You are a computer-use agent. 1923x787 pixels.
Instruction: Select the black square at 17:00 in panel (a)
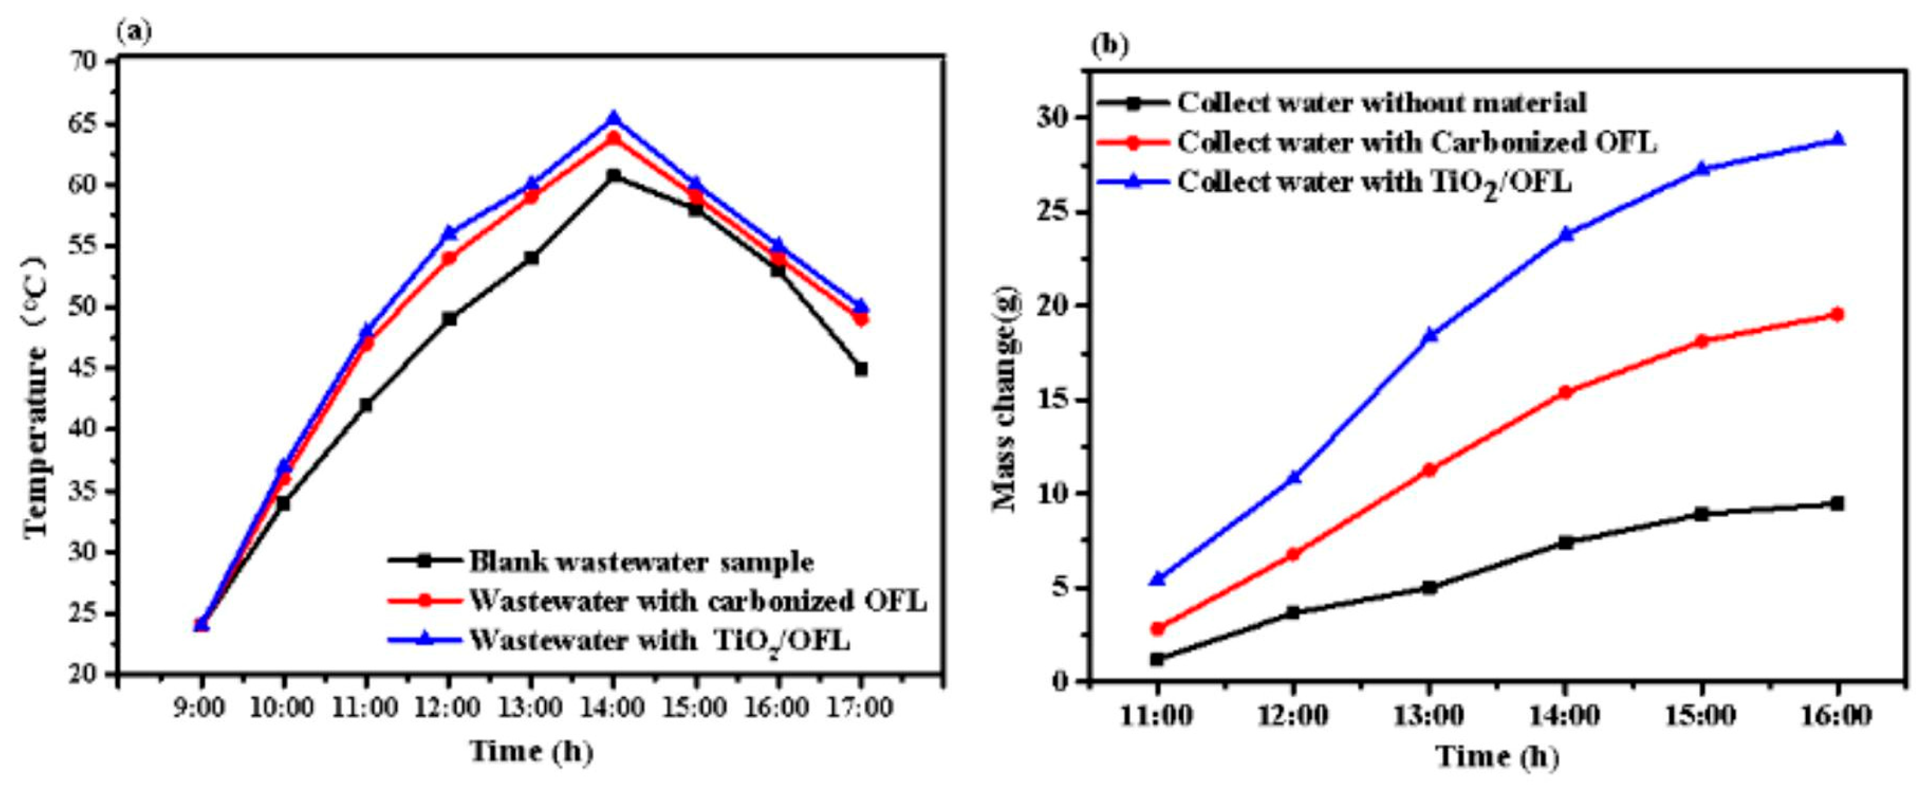pos(860,369)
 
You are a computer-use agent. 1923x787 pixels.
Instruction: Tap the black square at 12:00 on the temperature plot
pos(449,319)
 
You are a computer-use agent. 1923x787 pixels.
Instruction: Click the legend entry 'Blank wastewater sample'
pos(640,561)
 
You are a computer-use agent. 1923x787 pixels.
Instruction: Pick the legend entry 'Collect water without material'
pos(1381,103)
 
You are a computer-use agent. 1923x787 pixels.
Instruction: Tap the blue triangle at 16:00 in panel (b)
pos(1838,139)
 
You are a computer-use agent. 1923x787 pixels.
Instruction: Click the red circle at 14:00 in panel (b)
pos(1566,392)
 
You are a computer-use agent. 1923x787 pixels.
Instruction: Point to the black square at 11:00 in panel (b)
pos(1157,659)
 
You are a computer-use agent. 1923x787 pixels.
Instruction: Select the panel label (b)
pos(1110,46)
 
